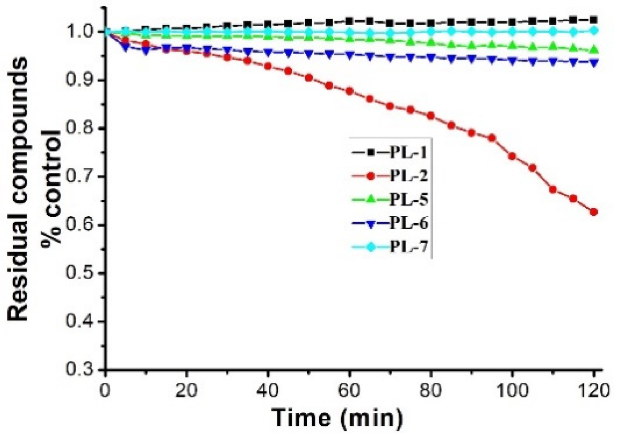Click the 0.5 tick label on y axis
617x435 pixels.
(80, 273)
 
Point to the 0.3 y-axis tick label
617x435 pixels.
(80, 369)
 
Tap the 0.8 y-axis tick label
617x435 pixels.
(80, 128)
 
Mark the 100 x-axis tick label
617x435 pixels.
(512, 391)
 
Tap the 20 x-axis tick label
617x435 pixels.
(186, 391)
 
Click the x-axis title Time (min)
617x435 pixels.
(337, 417)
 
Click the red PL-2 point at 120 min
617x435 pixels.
(594, 212)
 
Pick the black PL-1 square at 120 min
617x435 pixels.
(594, 20)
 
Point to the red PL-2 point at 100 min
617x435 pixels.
(512, 156)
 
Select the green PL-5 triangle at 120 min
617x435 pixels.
(594, 50)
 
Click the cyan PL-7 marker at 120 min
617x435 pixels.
(594, 30)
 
